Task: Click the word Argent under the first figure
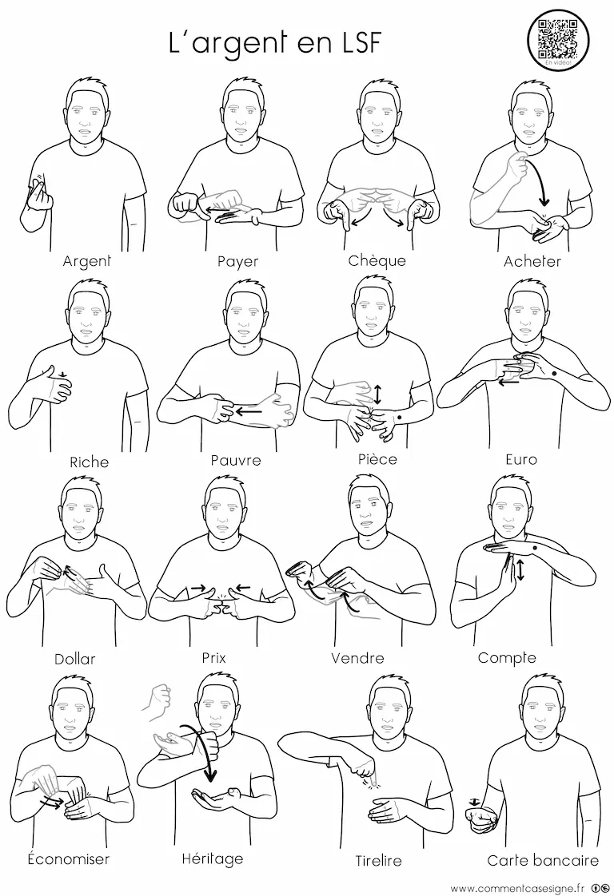click(86, 262)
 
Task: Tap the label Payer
click(237, 262)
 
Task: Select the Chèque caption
click(377, 260)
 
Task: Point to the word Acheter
click(532, 262)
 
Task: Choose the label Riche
click(90, 462)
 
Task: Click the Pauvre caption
click(236, 460)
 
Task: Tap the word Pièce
click(377, 459)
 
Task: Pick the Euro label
click(521, 459)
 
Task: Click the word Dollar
click(75, 659)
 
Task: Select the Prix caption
click(214, 658)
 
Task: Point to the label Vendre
click(357, 658)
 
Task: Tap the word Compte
click(507, 658)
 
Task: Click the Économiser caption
click(69, 858)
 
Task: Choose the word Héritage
click(213, 858)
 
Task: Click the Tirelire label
click(379, 860)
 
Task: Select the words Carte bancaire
click(543, 860)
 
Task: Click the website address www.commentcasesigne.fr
click(518, 887)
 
